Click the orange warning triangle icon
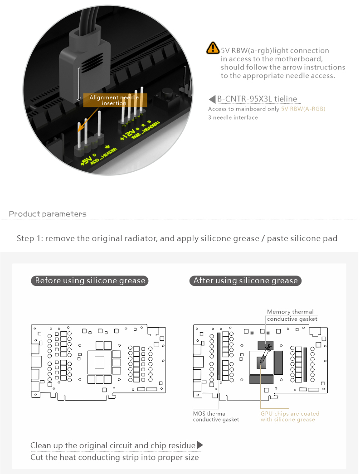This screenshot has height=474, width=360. pos(212,48)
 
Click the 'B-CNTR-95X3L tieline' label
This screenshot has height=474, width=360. pos(257,99)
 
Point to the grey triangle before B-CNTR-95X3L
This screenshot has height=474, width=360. pos(212,99)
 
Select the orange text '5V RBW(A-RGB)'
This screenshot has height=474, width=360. pos(303,109)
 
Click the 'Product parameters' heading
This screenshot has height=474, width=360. pos(48,214)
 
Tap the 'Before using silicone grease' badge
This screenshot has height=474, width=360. pos(90,281)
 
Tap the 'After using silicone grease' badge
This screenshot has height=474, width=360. pos(245,281)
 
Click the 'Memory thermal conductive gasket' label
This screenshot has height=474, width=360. pos(290,315)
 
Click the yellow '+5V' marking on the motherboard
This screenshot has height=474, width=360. pos(85,161)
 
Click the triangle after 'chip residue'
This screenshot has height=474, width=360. pos(200,445)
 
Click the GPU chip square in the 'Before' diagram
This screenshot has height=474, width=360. pos(99,362)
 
